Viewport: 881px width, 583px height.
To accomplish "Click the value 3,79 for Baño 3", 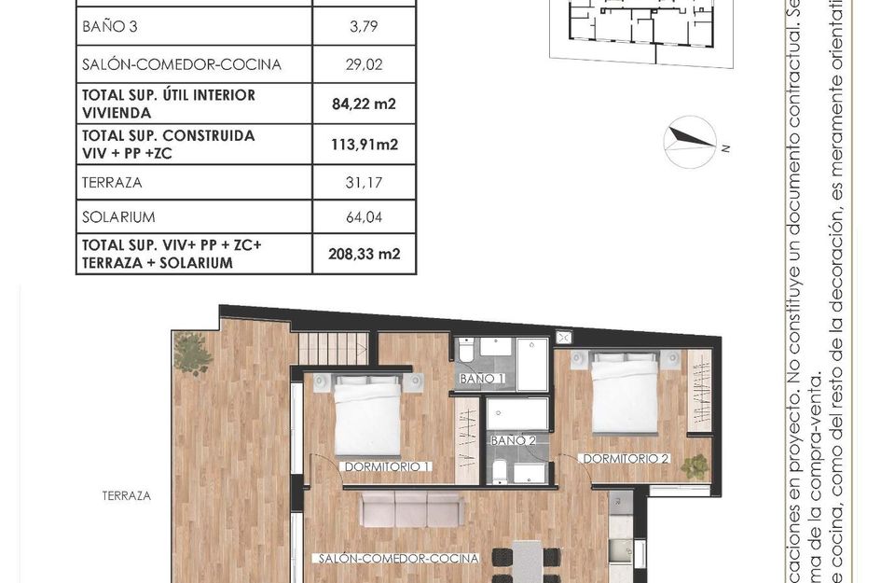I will click(x=364, y=26).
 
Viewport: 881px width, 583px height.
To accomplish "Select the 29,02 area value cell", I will click(x=364, y=65).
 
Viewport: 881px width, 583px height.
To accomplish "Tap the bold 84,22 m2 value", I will click(x=364, y=104).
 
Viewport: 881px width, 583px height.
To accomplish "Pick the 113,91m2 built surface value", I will click(x=364, y=145).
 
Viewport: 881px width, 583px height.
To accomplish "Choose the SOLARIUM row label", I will click(x=116, y=217).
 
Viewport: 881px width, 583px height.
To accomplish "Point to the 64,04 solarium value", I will click(x=364, y=217).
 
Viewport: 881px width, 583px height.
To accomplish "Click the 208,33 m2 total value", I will click(x=364, y=254).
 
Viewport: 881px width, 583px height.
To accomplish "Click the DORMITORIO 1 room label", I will click(x=386, y=465).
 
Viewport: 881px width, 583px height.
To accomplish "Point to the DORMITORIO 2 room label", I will click(x=626, y=458).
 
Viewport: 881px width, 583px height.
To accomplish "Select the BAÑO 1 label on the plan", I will click(x=482, y=379).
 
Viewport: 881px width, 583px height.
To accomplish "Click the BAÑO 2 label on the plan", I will click(x=514, y=439).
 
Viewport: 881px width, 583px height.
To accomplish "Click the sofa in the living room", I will click(x=412, y=510).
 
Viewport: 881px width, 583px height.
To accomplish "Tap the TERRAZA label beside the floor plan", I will click(x=127, y=496).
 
